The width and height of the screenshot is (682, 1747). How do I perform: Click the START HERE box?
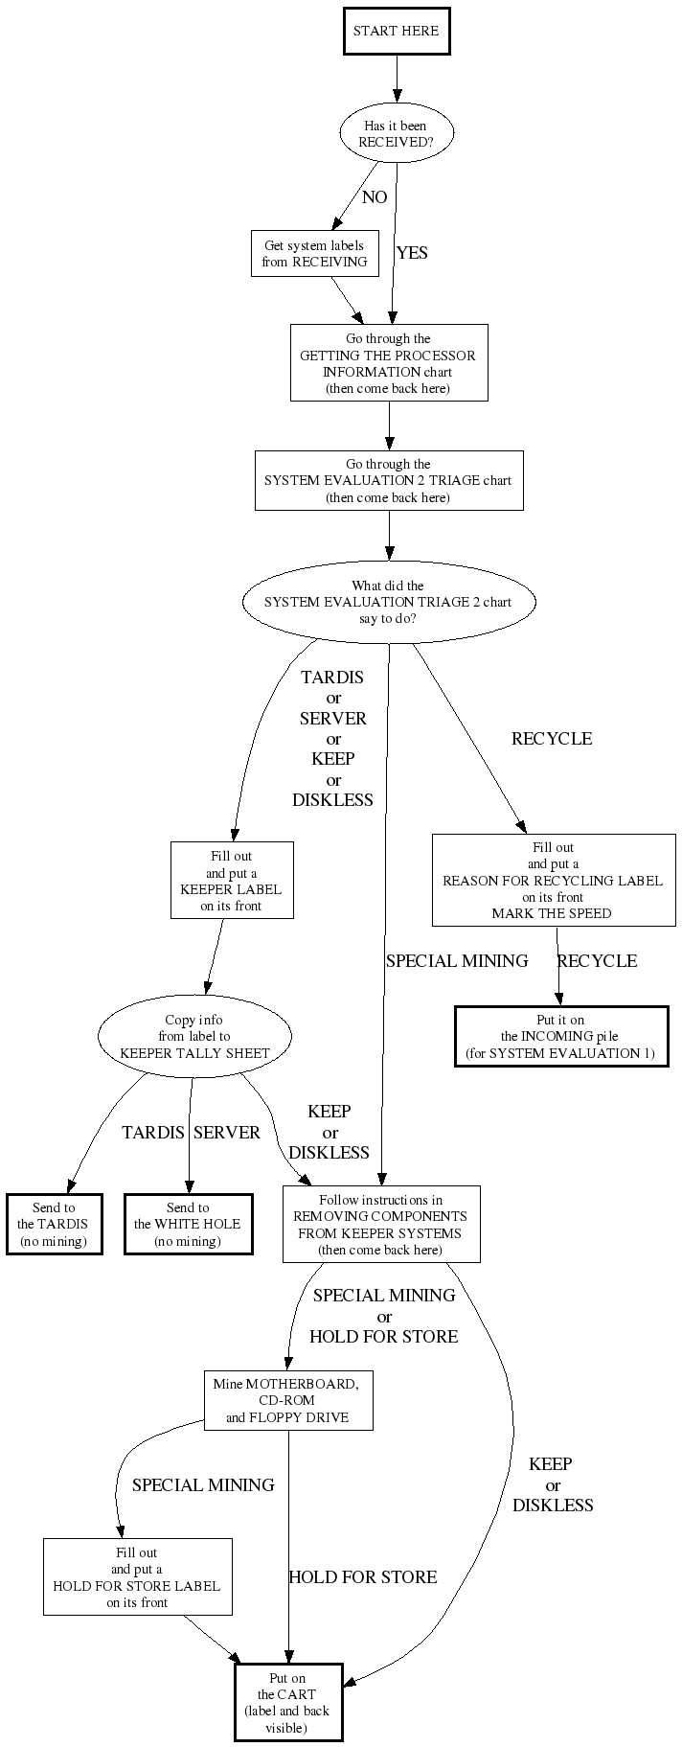pos(396,31)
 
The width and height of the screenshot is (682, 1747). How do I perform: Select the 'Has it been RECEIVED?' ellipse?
pos(396,133)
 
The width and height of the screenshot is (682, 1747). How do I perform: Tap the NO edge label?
pos(375,197)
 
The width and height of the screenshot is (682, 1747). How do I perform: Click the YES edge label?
pos(412,253)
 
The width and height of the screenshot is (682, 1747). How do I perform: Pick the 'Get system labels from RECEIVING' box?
pos(314,254)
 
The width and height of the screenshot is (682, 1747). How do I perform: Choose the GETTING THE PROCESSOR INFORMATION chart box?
pos(388,363)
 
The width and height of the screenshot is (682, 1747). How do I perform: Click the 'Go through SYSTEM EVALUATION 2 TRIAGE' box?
pos(388,480)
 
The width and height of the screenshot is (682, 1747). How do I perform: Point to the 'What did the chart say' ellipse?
pos(388,602)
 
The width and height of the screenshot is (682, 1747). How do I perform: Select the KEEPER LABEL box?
pos(232,880)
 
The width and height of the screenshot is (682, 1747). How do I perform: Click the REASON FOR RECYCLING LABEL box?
pos(553,880)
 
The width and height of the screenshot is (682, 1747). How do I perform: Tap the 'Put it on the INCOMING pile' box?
pos(560,1036)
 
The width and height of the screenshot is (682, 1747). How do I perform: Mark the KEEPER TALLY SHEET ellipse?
pos(194,1036)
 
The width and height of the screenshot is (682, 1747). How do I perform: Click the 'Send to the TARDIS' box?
pos(54,1224)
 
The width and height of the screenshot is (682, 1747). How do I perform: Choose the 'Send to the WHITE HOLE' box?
pos(188,1224)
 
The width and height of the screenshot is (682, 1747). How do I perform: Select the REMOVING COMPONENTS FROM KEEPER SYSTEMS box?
pos(380,1225)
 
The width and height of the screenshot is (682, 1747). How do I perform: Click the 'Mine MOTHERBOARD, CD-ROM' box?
pos(288,1400)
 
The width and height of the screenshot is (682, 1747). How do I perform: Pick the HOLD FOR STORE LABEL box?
pos(137,1576)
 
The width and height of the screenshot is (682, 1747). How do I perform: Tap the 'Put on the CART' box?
pos(288,1701)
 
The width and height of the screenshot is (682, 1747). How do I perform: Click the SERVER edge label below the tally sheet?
pos(227,1133)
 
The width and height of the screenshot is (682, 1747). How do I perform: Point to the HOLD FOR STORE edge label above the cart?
pos(362,1577)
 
